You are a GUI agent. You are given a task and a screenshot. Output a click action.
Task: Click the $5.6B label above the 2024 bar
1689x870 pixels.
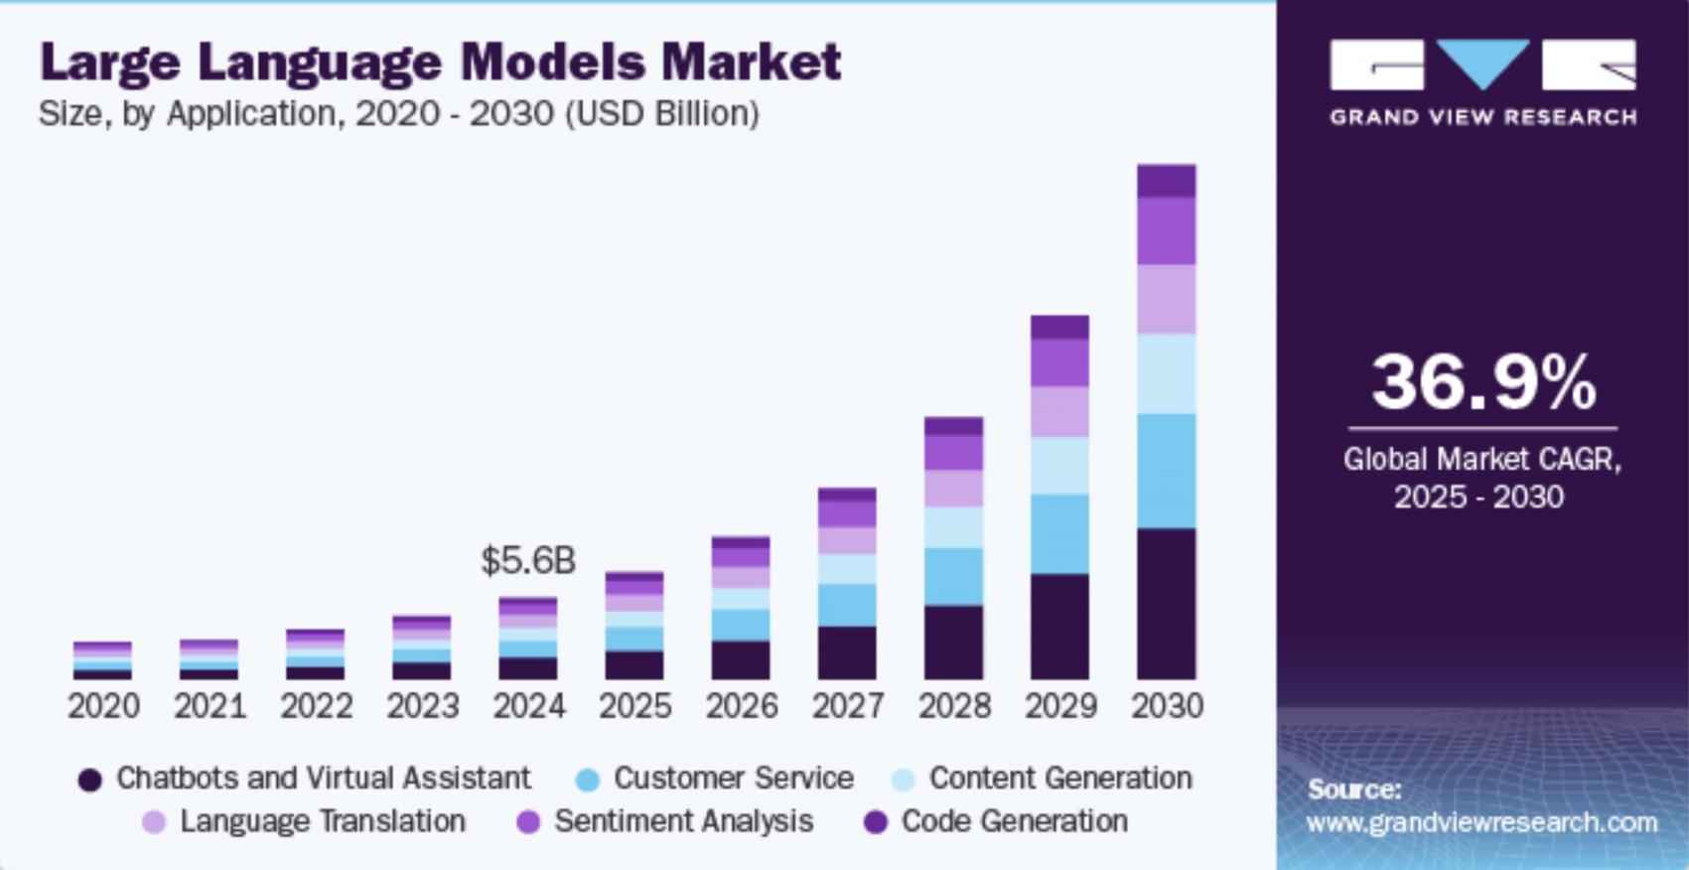[527, 561]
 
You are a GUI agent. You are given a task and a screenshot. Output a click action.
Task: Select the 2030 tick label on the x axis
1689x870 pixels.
[1167, 706]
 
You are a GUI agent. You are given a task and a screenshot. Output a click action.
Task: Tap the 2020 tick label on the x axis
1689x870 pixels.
[103, 706]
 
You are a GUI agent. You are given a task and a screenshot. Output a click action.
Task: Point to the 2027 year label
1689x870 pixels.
[848, 706]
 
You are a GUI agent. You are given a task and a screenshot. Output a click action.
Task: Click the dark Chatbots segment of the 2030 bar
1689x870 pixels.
[1167, 604]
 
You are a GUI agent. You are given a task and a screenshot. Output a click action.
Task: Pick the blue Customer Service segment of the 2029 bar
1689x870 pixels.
[1059, 534]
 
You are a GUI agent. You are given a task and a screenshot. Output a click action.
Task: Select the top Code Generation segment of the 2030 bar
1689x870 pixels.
[1167, 181]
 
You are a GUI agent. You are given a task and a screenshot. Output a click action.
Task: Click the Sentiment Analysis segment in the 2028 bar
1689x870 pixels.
[953, 453]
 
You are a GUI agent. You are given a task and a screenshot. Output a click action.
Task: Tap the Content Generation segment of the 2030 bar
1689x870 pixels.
[1167, 374]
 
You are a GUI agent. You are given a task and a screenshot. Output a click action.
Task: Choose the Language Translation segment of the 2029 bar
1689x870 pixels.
[1059, 412]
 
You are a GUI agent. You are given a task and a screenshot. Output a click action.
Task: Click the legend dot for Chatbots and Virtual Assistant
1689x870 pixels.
[90, 780]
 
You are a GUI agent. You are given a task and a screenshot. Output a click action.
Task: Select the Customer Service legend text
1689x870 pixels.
[733, 778]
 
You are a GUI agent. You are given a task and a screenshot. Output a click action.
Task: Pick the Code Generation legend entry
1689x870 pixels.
[1014, 821]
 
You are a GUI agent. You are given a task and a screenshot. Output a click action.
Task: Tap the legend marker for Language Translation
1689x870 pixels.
[154, 822]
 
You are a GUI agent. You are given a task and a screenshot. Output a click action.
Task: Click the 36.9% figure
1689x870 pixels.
[1483, 383]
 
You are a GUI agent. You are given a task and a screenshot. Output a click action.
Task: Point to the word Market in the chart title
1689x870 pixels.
[752, 62]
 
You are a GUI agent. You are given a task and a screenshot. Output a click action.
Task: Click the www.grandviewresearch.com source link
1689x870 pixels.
[1481, 822]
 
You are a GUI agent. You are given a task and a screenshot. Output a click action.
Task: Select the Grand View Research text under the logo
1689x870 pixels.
[1482, 117]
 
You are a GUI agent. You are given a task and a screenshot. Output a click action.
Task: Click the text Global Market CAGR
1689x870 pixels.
[1481, 459]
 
